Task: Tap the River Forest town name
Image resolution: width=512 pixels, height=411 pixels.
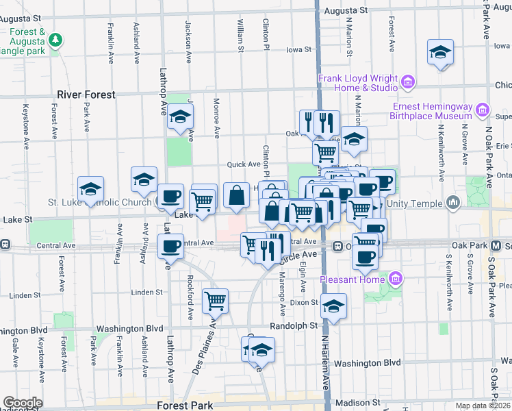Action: (x=86, y=95)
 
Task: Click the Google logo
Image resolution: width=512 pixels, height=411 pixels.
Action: (x=23, y=403)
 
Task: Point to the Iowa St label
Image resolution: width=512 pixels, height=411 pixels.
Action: (x=298, y=49)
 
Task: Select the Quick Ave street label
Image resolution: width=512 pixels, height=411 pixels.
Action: (x=244, y=164)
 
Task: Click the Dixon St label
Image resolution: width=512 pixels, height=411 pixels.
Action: (x=303, y=302)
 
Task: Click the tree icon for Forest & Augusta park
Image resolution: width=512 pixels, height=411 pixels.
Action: (x=55, y=41)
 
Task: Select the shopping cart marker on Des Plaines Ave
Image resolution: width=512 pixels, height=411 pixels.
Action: (x=216, y=300)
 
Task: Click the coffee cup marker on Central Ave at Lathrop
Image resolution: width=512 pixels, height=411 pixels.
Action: (x=170, y=245)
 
